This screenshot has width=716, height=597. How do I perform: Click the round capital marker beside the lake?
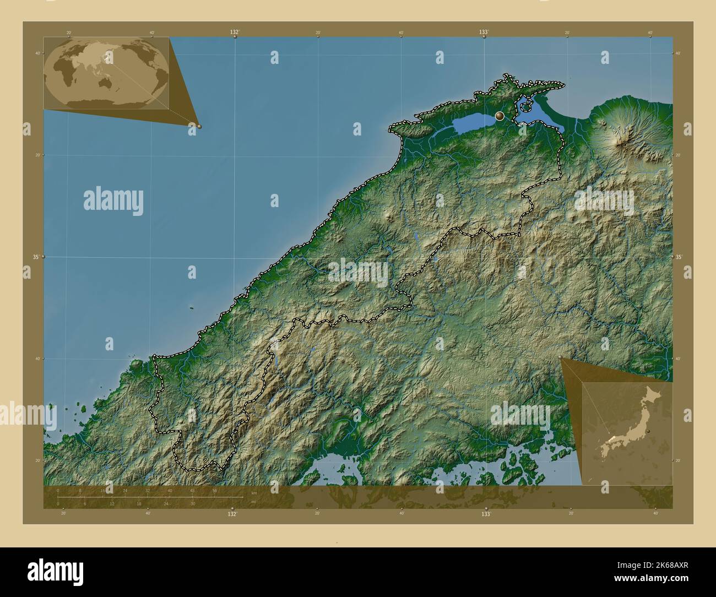(500, 116)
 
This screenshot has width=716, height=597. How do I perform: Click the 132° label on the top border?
(234, 33)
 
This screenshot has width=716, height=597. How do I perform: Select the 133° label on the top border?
(484, 33)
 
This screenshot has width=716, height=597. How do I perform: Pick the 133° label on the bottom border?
(485, 514)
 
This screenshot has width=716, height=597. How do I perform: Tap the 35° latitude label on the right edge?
(679, 257)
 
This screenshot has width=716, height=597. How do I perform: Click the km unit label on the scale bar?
(254, 492)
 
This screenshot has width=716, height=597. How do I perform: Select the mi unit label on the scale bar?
(253, 502)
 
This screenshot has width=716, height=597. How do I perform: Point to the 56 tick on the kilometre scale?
(214, 490)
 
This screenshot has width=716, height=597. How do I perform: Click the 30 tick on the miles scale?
(192, 503)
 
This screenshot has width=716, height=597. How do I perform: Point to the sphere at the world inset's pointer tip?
(199, 126)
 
